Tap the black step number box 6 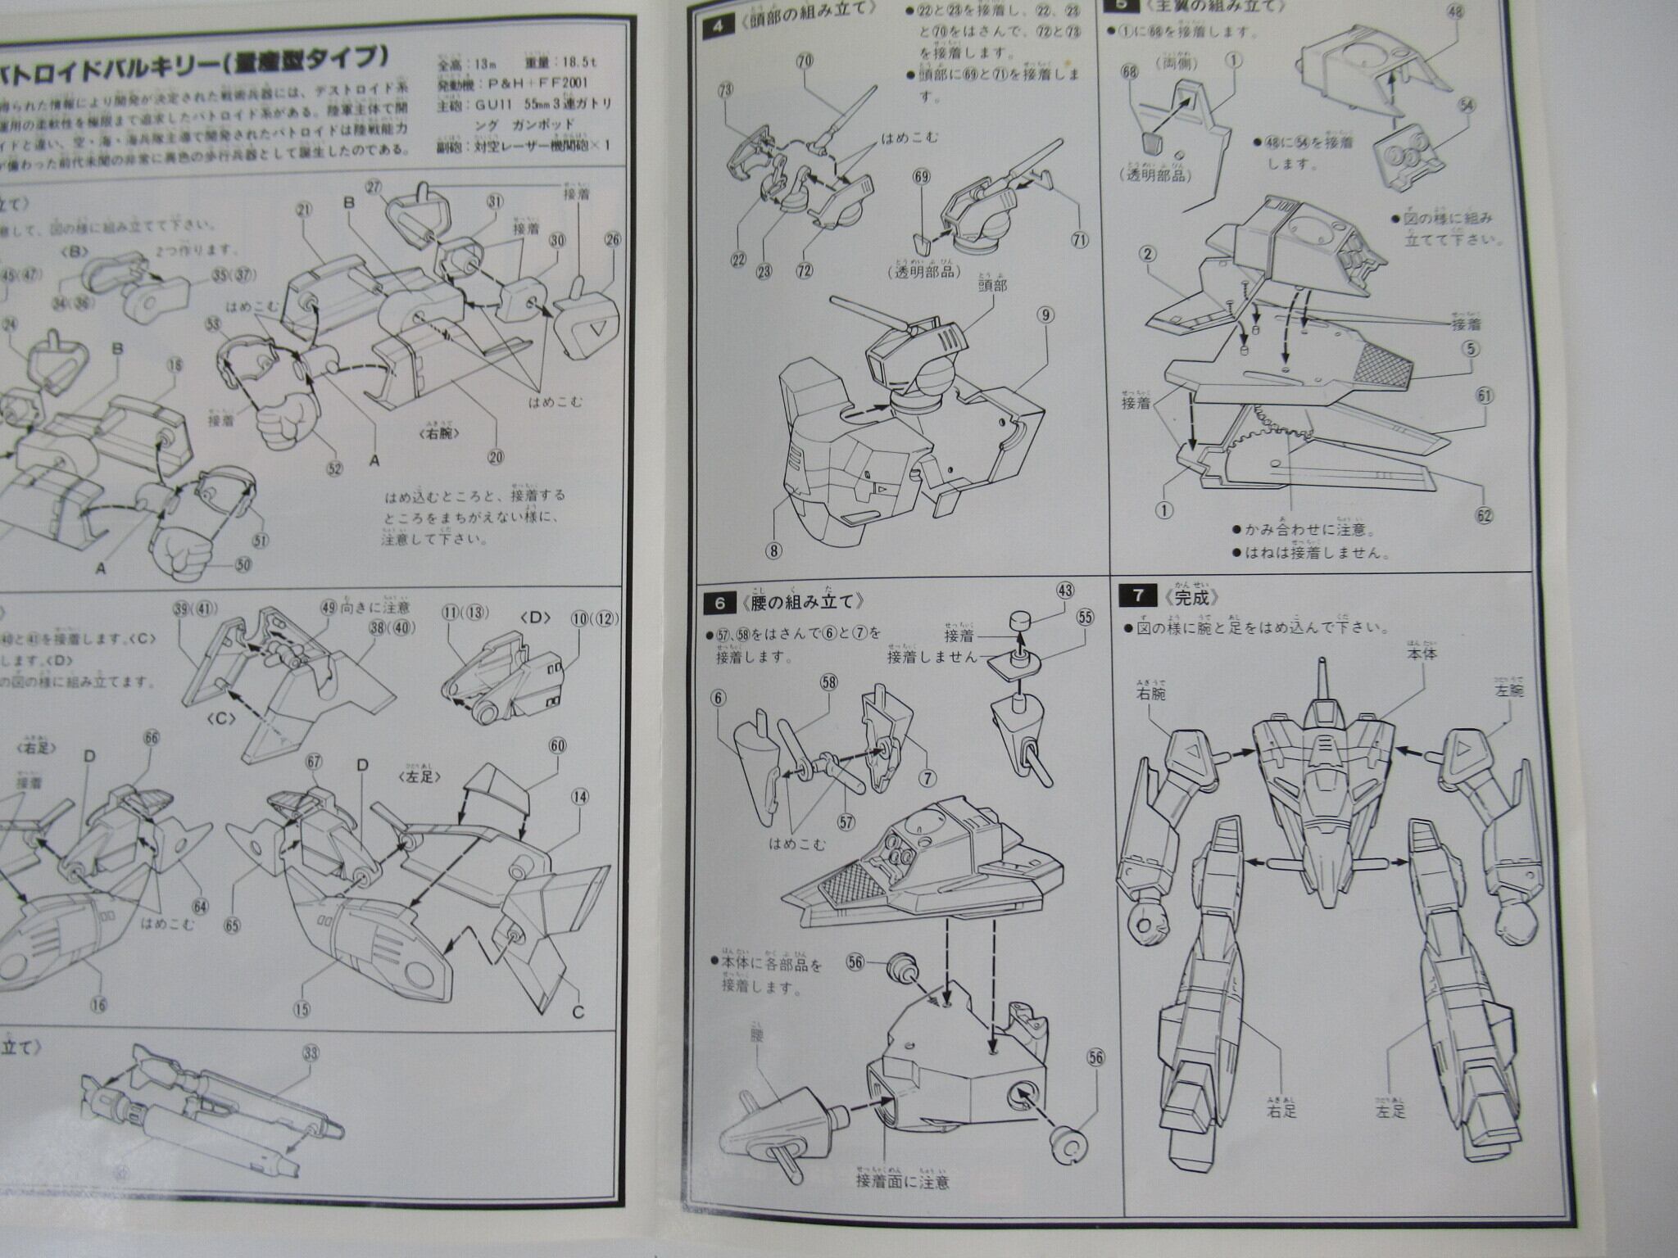tap(720, 603)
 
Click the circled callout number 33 tap(311, 1053)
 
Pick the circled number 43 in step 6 tap(1065, 590)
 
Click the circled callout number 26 tap(612, 240)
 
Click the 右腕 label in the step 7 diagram tap(1150, 693)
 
